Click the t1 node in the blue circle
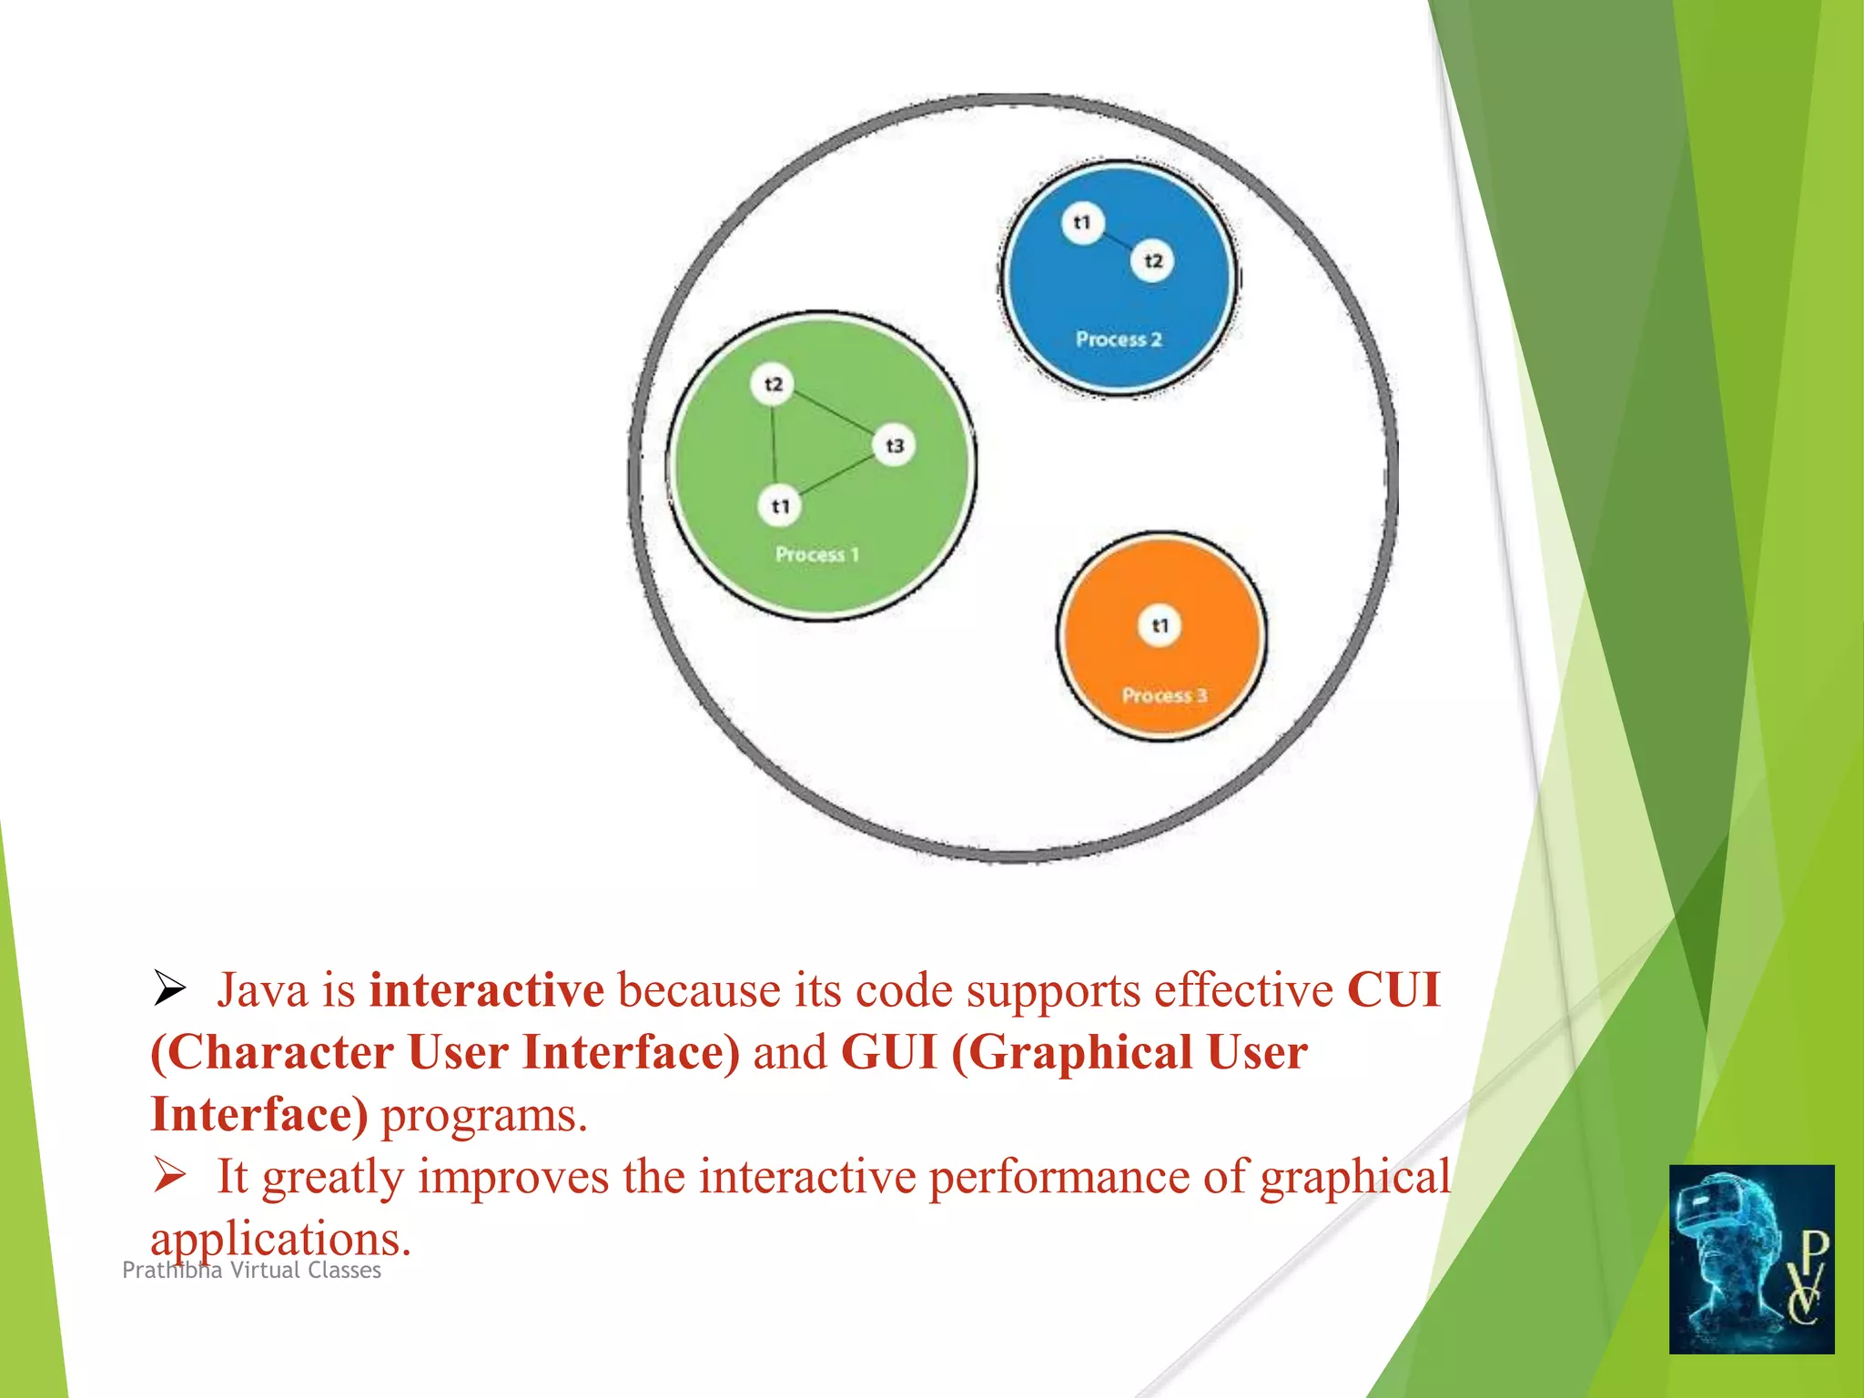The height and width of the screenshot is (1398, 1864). coord(1082,222)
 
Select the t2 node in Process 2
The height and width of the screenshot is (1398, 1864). coord(1153,261)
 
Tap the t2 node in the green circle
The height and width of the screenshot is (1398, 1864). coord(773,384)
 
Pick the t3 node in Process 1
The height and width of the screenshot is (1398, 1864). coord(895,446)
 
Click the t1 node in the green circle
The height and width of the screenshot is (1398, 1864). coord(780,506)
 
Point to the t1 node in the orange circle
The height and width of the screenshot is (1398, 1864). coord(1160,625)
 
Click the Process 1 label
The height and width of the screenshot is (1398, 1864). coord(816,554)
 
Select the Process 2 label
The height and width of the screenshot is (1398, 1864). coord(1119,339)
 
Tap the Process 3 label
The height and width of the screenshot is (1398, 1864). coord(1164,695)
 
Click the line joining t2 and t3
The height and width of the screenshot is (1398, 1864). coord(834,415)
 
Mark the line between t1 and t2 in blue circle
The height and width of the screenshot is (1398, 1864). coord(1118,241)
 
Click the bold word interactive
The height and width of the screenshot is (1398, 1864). coord(486,990)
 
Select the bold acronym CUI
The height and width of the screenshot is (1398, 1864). coord(1393,990)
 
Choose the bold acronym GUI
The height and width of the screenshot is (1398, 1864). coord(888,1053)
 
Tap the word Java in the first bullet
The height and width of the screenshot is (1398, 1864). coord(263,990)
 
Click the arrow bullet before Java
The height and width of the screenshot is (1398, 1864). coord(169,988)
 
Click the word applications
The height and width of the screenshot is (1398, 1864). coord(280,1238)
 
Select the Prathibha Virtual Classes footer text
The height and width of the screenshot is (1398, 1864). coord(251,1271)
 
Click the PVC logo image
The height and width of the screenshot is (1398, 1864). coord(1751,1259)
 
